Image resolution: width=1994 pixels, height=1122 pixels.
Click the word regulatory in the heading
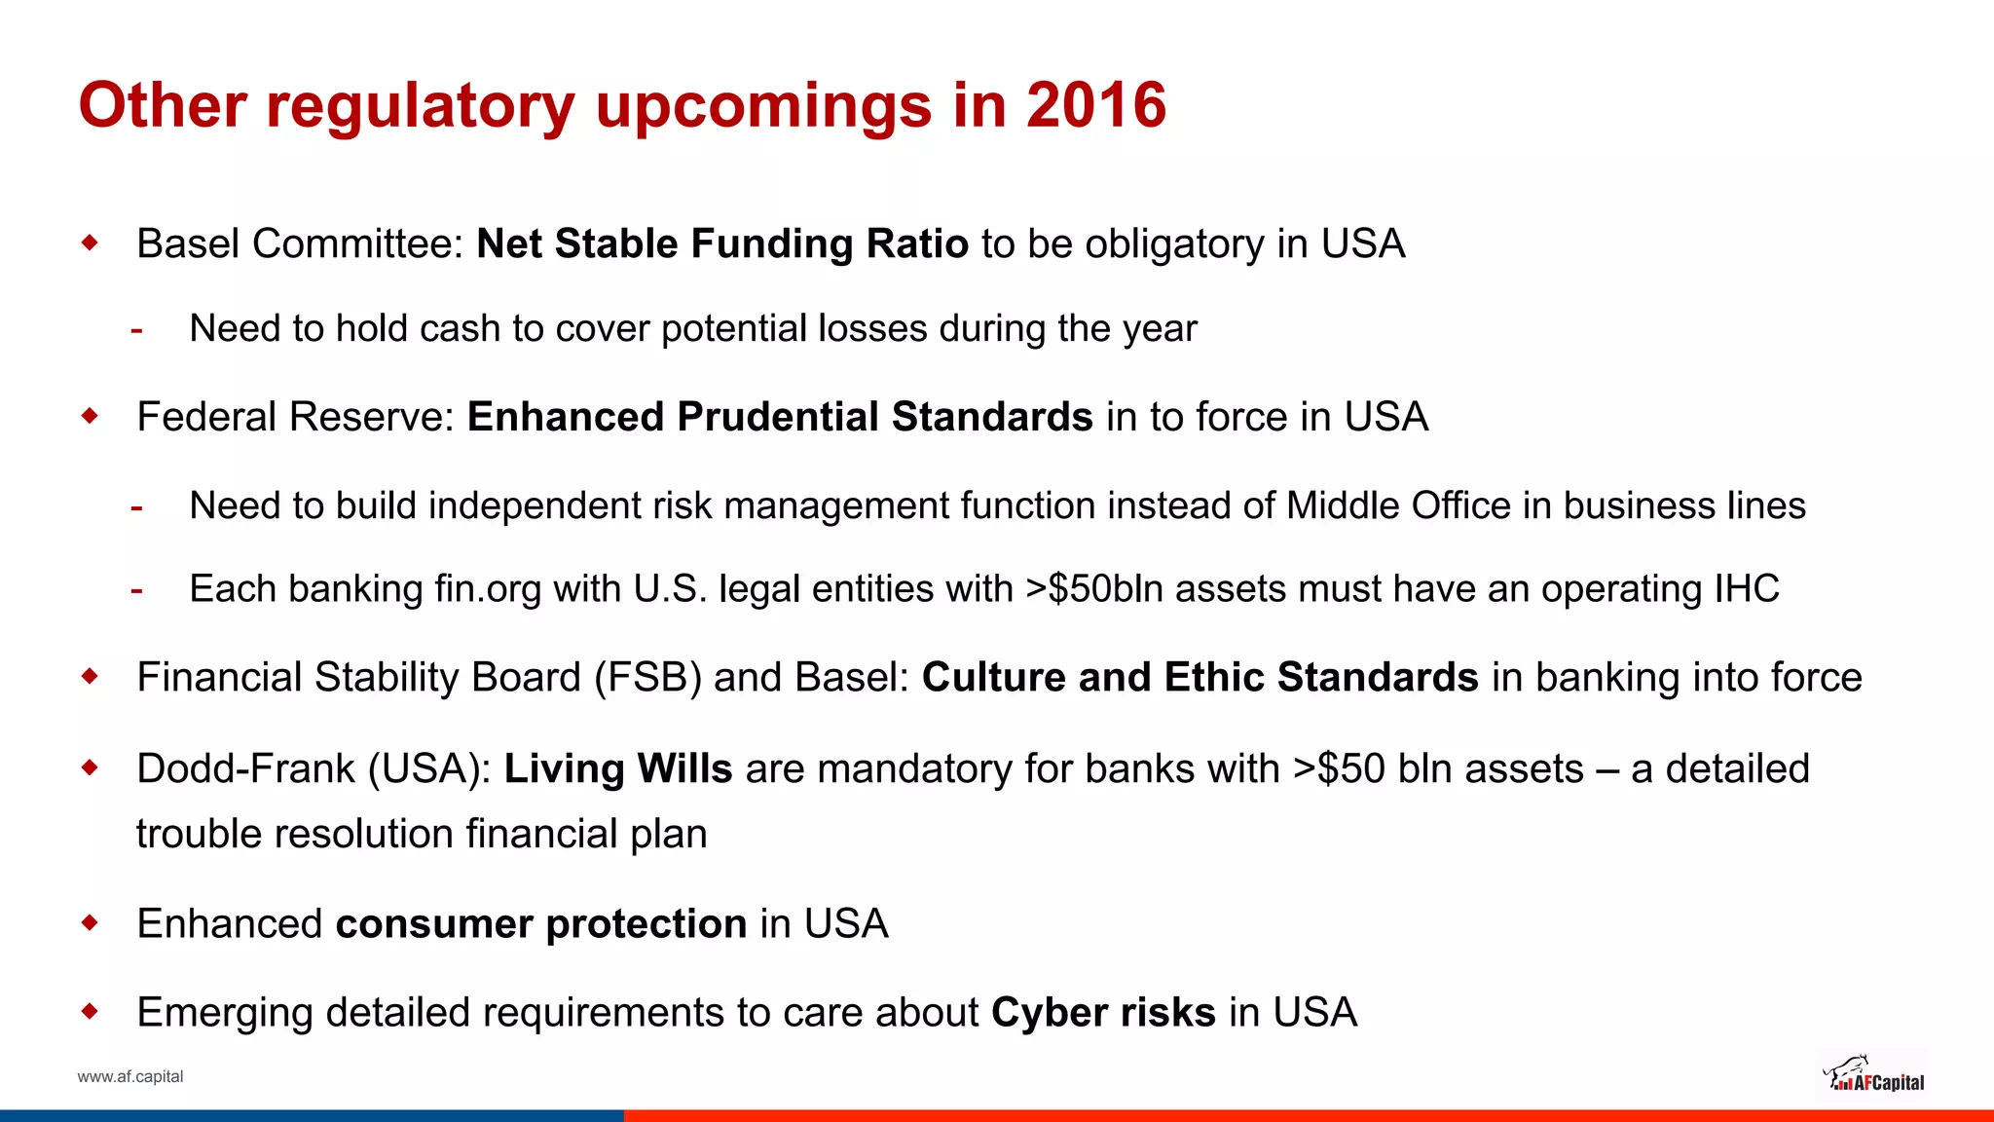[420, 105]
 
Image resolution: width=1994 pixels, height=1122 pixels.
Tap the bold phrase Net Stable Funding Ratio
[721, 243]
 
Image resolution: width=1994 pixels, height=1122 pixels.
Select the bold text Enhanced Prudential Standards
[780, 417]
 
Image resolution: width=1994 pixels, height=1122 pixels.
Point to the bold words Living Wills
[617, 768]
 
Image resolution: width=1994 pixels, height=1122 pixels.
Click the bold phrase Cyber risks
[1103, 1012]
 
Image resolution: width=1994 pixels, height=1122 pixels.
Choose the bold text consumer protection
[540, 923]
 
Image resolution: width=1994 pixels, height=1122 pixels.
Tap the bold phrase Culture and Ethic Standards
[1200, 677]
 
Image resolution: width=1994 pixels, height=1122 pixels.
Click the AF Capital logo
[1872, 1075]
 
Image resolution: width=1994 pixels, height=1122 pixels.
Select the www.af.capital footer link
[130, 1076]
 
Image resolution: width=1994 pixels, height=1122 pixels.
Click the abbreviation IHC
[1747, 588]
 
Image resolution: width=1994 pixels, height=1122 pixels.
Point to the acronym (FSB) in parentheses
[647, 677]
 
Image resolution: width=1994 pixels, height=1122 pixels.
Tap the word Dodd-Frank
[246, 768]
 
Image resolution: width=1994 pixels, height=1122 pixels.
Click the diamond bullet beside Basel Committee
[91, 243]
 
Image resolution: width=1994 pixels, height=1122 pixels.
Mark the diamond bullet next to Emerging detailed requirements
[91, 1012]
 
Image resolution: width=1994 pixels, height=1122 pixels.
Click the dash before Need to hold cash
[137, 330]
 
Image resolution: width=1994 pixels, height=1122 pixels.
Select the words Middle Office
[1398, 505]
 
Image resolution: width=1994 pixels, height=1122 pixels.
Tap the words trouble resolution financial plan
[422, 834]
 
